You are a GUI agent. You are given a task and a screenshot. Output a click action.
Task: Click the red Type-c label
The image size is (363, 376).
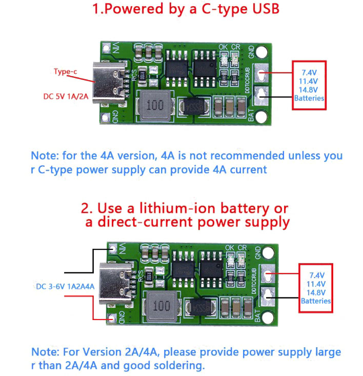point(66,72)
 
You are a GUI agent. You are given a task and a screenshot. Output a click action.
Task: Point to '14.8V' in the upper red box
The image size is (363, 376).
point(309,90)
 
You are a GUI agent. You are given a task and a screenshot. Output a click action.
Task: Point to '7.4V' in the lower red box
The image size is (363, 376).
point(316,274)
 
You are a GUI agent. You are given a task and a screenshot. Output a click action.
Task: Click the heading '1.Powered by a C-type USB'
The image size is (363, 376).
point(186,9)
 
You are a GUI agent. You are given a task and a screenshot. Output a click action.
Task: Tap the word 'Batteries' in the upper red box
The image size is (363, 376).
point(309,98)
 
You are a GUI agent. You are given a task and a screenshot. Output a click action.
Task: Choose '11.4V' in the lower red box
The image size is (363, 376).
point(316,283)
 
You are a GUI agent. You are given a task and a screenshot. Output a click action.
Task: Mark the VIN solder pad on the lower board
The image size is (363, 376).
point(113,250)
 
